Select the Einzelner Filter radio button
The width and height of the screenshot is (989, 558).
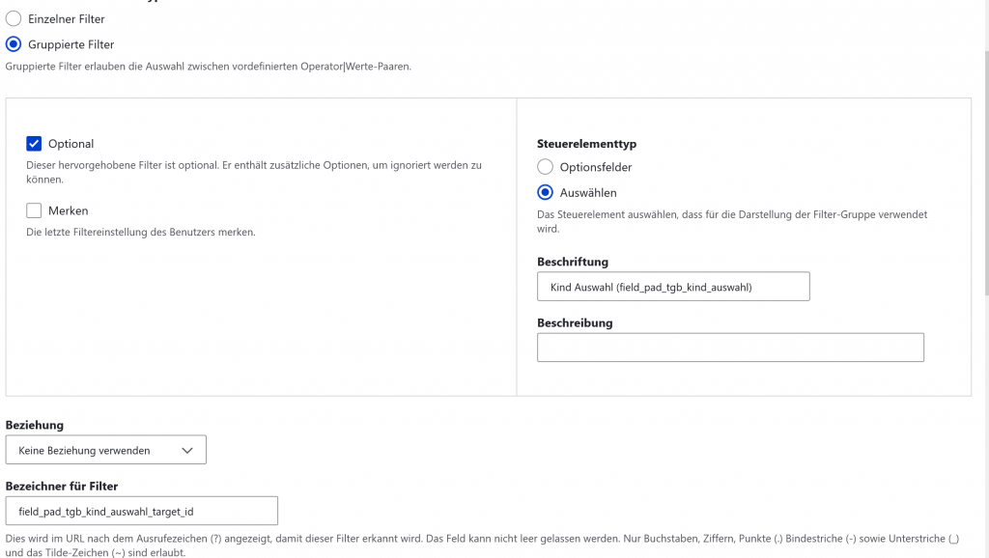[14, 18]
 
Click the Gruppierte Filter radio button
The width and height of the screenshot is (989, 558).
[14, 43]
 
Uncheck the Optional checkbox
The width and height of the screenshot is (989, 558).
[34, 144]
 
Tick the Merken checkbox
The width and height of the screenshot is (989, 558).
[34, 210]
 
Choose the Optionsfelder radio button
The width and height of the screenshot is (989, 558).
[545, 167]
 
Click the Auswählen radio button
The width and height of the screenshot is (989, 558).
[545, 192]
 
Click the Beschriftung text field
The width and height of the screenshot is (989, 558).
[672, 287]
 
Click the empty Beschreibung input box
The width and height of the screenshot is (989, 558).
[730, 348]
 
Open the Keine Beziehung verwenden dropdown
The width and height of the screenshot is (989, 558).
[105, 450]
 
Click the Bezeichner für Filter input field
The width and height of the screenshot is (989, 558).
[141, 511]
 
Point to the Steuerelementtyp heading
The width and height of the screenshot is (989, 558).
[586, 144]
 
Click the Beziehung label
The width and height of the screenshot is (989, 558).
[35, 425]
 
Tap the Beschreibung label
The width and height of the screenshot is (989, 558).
[575, 322]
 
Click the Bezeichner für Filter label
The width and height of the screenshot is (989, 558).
[62, 486]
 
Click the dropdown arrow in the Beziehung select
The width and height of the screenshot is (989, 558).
[187, 450]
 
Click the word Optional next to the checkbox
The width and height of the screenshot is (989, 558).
[71, 144]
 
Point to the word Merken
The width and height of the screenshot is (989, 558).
[68, 210]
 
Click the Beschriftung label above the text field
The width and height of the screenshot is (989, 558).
[572, 262]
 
